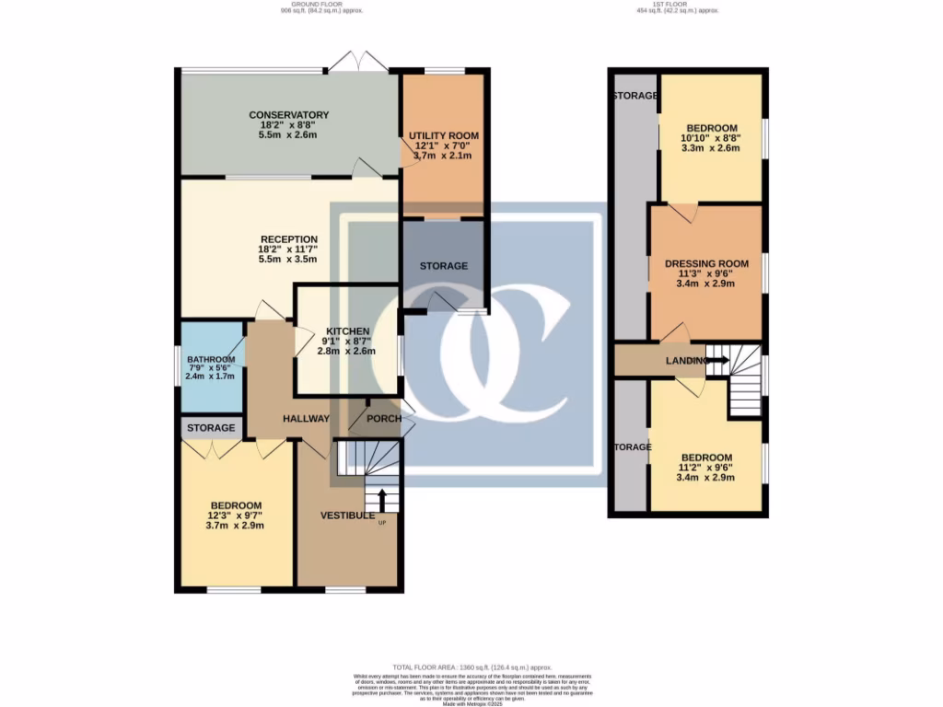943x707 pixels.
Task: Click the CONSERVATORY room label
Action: [288, 115]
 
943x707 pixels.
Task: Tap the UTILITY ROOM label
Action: [444, 136]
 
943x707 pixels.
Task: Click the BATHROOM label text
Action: [211, 360]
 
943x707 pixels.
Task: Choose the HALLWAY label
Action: [306, 419]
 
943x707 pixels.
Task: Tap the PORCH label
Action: [384, 419]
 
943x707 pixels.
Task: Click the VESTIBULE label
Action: [347, 516]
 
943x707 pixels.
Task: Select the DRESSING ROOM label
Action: [706, 264]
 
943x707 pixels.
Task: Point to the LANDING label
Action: [686, 361]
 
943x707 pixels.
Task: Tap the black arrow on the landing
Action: [717, 360]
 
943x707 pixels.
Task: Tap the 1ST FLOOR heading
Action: [676, 6]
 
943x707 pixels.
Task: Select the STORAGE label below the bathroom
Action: [211, 428]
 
